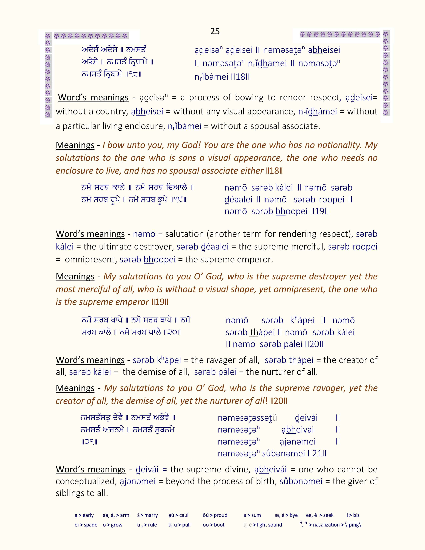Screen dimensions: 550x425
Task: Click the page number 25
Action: (215, 31)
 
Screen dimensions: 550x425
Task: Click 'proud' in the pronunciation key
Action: (220, 515)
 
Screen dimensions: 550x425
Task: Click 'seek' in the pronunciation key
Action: (328, 515)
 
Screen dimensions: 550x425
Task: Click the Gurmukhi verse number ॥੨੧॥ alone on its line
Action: (89, 442)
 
